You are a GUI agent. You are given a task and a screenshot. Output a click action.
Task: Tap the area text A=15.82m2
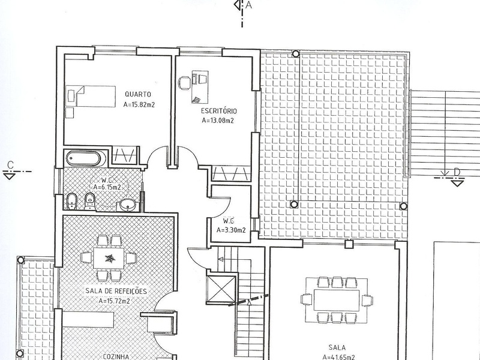coord(139,104)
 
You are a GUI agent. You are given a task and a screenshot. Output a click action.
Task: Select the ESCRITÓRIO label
coord(219,111)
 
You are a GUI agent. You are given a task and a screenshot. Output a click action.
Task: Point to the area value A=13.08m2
coord(218,121)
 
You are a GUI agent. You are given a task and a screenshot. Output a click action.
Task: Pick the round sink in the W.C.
coord(127,205)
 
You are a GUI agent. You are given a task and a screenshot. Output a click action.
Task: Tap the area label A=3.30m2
coord(231,230)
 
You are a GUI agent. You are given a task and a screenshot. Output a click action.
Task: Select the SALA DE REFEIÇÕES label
coord(116,291)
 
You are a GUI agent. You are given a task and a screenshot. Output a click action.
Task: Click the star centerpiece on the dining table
coord(109,259)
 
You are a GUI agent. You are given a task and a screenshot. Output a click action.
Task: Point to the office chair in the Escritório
coord(185,83)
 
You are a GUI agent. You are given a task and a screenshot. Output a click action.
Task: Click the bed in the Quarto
coord(91,97)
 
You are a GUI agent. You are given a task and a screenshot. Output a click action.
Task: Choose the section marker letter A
coord(248,5)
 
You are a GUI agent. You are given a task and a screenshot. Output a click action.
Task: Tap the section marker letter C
coord(11,165)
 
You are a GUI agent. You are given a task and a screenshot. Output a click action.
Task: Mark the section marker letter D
coord(457,172)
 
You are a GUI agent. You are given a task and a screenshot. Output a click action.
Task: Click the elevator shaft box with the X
coord(221,289)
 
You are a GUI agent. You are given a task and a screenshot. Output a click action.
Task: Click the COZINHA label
coord(116,356)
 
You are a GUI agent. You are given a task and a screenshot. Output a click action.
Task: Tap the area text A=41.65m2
coord(338,357)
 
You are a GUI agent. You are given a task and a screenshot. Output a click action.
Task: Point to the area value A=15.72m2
coord(114,301)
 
